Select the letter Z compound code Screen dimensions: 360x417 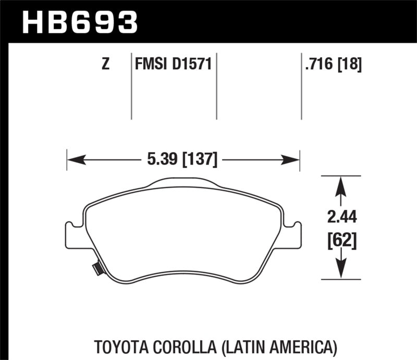[106, 65]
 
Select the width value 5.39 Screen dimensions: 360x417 [158, 159]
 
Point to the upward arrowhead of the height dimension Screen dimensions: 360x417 [340, 185]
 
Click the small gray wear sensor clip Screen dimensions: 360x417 [96, 269]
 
